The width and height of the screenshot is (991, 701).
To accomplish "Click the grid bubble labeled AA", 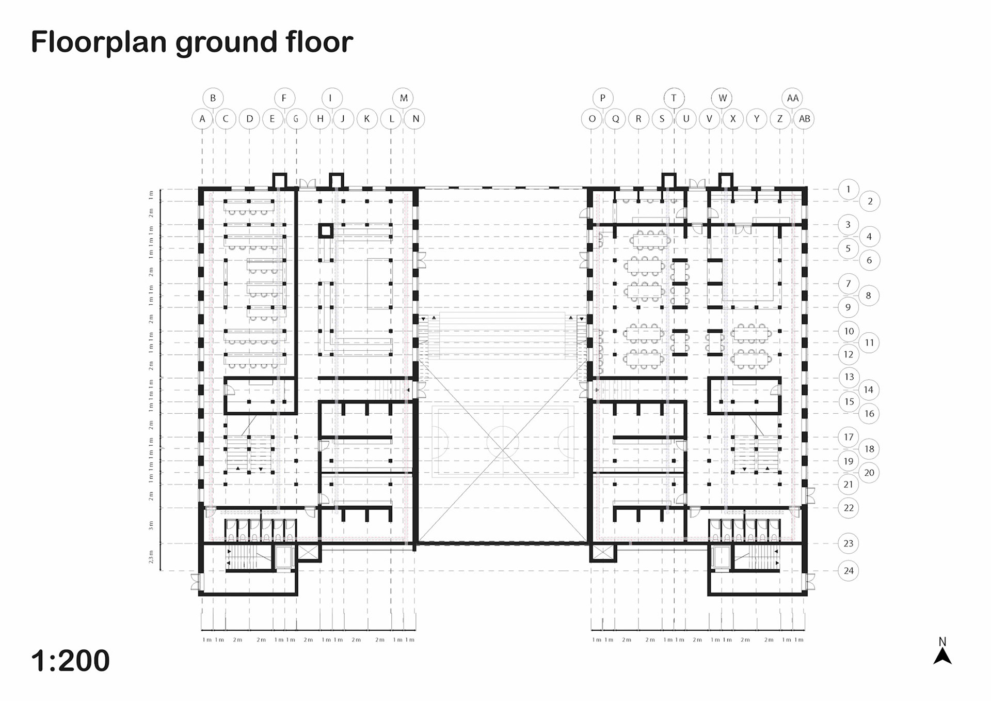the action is pos(792,98).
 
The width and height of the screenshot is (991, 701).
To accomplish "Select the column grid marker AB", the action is pos(804,119).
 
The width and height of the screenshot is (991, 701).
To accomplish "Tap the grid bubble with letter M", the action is pos(404,98).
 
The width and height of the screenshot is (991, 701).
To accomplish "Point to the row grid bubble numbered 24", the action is pos(849,571).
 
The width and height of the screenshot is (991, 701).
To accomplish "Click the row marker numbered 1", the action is pos(848,190).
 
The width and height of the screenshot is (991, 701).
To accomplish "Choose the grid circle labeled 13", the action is pos(849,377).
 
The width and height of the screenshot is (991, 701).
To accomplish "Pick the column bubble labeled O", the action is pos(592,119).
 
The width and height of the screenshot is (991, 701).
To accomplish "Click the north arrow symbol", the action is pos(942,655).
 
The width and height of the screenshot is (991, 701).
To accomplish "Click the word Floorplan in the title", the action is pos(99,42).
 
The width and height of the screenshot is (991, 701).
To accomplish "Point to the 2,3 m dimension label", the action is pos(151,557).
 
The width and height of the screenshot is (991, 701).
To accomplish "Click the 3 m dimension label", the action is pos(151,525).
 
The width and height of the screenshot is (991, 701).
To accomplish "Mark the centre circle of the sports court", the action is pos(503,443).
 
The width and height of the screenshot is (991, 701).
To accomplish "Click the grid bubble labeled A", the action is pos(202,119).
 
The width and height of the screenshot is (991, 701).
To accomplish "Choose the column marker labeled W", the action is pos(722,98).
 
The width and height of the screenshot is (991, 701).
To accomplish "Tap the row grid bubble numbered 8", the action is pos(869,296).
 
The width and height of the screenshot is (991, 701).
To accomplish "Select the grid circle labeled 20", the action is pos(869,473).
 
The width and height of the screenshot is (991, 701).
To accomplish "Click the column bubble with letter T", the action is pos(674,98).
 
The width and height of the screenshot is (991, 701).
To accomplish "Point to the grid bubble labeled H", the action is pos(320,119).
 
